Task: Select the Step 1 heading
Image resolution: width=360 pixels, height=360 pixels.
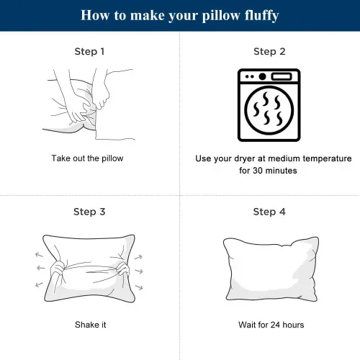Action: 90,52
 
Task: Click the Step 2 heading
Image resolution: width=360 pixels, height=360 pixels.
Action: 269,52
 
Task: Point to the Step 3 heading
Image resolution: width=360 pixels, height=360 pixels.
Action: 90,212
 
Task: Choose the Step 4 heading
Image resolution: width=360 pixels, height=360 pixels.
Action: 269,212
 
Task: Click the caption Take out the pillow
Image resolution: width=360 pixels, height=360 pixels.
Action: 90,158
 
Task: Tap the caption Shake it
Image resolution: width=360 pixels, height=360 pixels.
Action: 90,325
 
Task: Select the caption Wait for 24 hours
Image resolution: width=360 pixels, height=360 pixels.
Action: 271,325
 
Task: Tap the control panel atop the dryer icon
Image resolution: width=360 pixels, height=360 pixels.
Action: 269,76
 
